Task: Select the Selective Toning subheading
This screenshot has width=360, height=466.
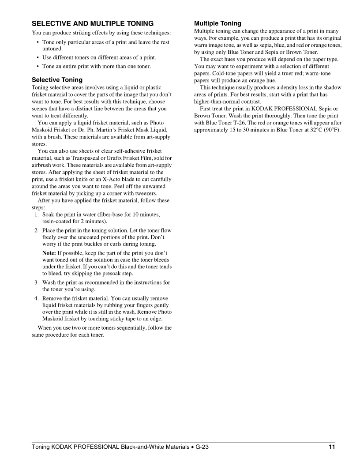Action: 57,80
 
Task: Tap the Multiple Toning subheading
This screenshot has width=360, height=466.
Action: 217,23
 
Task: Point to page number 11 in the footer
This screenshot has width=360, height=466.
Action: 332,447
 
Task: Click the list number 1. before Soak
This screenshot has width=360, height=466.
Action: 37,214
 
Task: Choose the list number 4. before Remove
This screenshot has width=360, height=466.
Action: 37,298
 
